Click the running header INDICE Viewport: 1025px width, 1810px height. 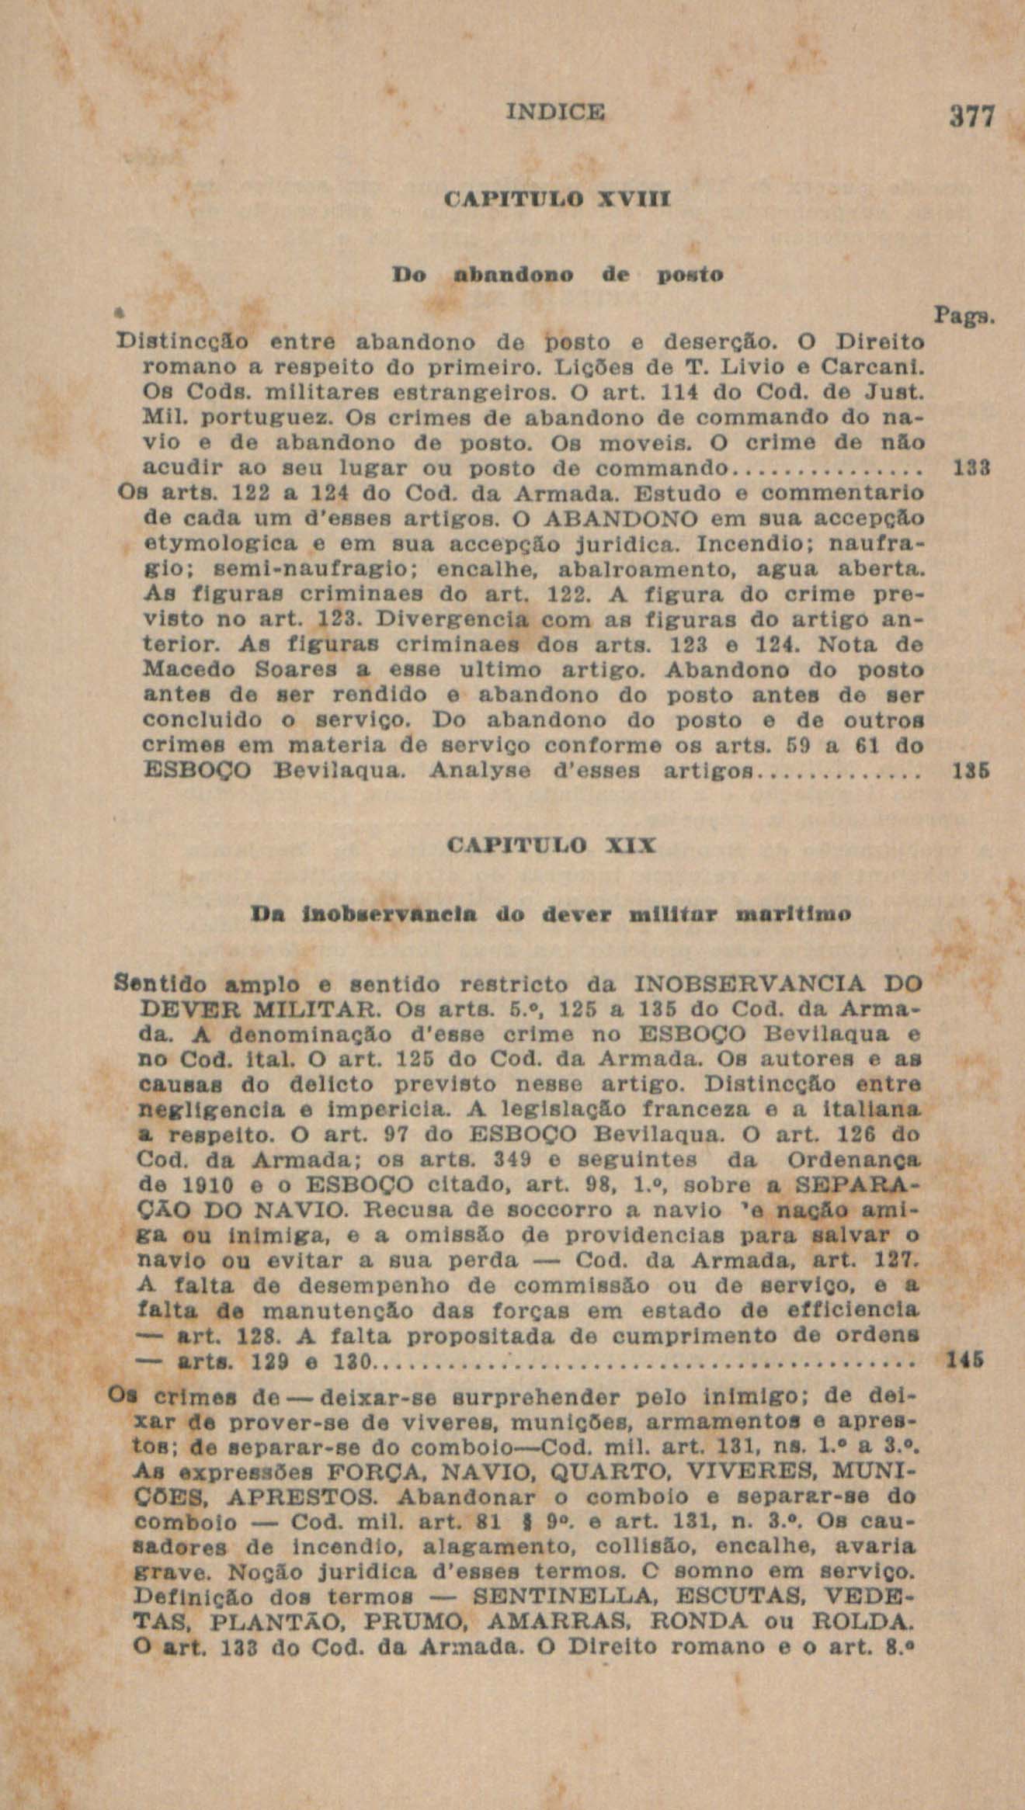(554, 113)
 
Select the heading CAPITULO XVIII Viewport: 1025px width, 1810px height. (557, 199)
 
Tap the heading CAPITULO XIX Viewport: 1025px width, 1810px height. (554, 844)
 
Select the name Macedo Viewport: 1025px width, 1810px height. (185, 671)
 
